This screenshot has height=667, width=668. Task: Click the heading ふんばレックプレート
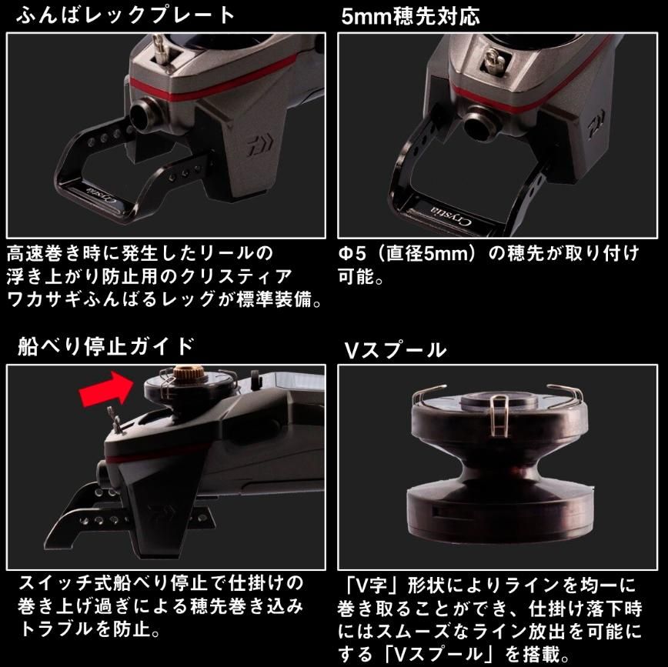tap(125, 15)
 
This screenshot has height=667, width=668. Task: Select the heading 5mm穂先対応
tap(410, 16)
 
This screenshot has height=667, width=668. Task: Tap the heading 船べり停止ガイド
tap(105, 346)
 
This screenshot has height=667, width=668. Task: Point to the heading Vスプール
tap(395, 350)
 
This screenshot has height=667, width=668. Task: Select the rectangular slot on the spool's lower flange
tap(438, 512)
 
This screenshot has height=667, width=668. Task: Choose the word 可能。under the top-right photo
tap(361, 277)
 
